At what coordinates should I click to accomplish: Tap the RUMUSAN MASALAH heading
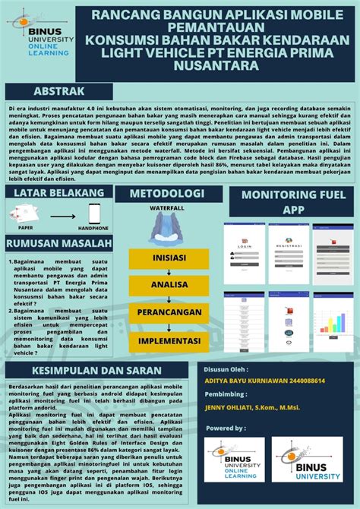pos(59,243)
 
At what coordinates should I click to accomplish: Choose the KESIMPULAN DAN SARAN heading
pos(96,371)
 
